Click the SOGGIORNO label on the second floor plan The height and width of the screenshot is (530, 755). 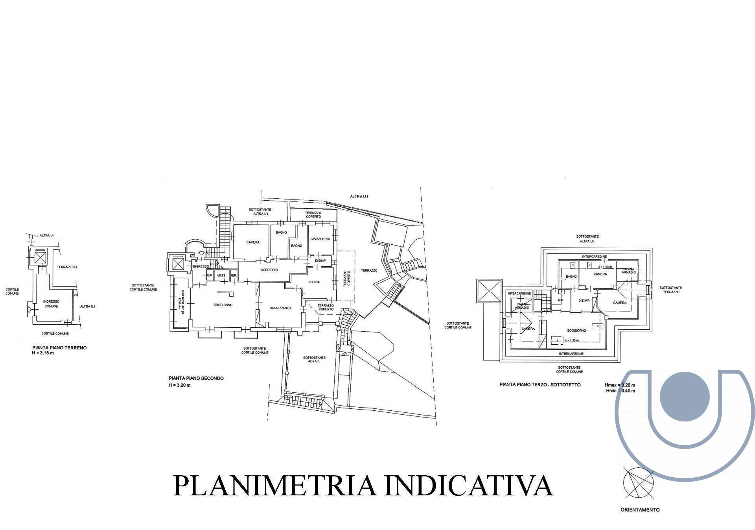(223, 305)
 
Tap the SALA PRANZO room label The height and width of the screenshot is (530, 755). (280, 308)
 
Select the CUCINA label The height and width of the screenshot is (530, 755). (314, 282)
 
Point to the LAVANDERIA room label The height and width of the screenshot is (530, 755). (320, 239)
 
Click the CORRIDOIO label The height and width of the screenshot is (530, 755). (269, 270)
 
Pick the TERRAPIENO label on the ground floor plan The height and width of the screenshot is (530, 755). (67, 267)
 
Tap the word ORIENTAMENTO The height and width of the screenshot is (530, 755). (640, 510)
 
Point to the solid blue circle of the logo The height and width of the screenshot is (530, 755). (685, 397)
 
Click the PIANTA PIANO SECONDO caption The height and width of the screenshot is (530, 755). (196, 378)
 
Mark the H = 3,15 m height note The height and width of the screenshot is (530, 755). (43, 353)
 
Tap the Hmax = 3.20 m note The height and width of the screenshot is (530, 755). (620, 385)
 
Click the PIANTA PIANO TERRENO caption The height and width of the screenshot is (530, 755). (59, 348)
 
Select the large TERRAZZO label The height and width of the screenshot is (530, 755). (369, 270)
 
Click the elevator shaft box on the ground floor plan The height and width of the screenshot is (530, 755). (40, 258)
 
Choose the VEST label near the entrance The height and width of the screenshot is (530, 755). (221, 275)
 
